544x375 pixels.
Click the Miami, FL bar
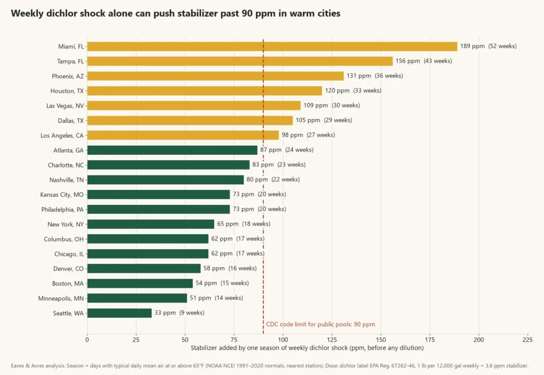[272, 46]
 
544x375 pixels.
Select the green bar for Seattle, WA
[119, 313]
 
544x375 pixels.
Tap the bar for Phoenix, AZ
[215, 76]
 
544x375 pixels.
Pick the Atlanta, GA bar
[172, 150]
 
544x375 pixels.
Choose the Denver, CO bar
[144, 269]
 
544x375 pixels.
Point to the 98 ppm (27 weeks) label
[308, 135]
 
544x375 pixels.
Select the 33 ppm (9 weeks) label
[180, 313]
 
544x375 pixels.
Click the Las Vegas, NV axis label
[65, 106]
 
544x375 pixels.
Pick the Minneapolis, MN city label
[61, 298]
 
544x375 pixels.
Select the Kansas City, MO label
[62, 195]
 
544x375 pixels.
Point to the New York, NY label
[66, 224]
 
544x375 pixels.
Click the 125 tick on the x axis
[332, 340]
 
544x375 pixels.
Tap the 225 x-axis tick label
[528, 340]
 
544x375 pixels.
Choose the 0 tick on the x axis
[87, 340]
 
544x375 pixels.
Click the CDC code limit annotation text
[320, 324]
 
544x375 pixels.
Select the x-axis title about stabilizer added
[307, 348]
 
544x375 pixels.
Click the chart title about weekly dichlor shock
[176, 13]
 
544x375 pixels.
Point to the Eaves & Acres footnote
[270, 366]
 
